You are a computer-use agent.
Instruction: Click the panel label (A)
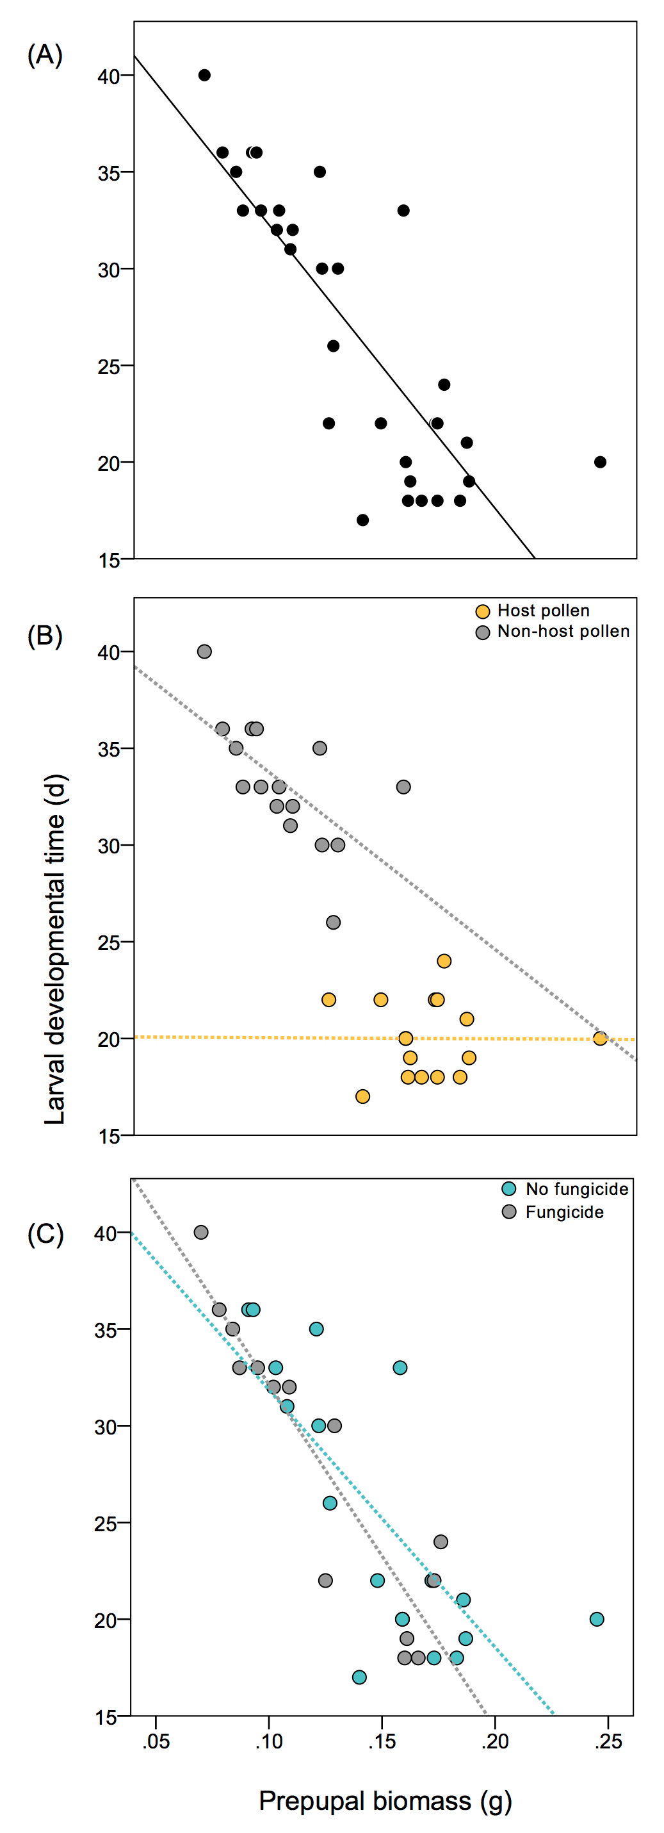coord(45,55)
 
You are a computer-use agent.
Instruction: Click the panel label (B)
coord(45,636)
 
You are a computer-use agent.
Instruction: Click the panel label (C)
coord(45,1233)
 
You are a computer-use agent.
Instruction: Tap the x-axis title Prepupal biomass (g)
coord(385,1800)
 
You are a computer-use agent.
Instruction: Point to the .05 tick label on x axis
coord(156,1741)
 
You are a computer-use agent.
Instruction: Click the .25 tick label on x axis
coord(608,1741)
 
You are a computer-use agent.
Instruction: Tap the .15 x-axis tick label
coord(382,1741)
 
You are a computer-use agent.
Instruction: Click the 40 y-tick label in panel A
coord(108,76)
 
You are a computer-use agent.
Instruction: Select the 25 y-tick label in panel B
coord(108,943)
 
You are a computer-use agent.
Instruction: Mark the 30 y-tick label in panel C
coord(105,1427)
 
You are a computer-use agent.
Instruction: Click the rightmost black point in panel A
coord(600,462)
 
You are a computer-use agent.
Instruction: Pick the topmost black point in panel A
coord(204,76)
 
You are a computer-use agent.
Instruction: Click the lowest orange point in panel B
coord(362,1096)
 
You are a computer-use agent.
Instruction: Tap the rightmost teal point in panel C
coord(597,1619)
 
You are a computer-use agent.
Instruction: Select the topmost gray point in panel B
coord(204,651)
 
